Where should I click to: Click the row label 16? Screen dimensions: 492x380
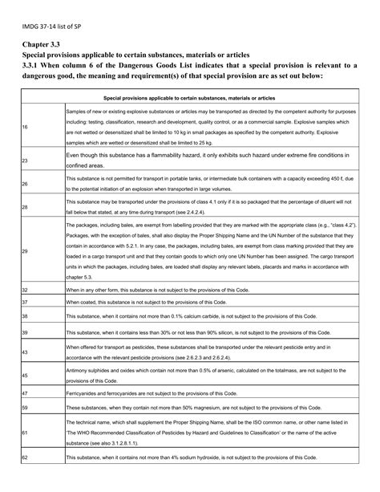25,127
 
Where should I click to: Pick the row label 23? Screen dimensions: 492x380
25,161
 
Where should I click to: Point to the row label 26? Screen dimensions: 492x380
25,183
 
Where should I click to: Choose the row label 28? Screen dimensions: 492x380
25,206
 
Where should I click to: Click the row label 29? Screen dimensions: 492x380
25,251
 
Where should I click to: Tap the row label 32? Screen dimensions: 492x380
25,288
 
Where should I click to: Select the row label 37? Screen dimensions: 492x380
25,303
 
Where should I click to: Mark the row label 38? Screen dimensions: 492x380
25,317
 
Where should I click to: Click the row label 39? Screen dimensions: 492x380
25,332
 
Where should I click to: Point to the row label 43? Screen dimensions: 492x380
25,352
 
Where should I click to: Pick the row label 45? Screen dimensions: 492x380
25,375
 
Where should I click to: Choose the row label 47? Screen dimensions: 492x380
25,393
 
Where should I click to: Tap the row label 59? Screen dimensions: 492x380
25,409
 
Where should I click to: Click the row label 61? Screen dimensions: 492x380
25,432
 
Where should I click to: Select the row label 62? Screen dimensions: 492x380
25,457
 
